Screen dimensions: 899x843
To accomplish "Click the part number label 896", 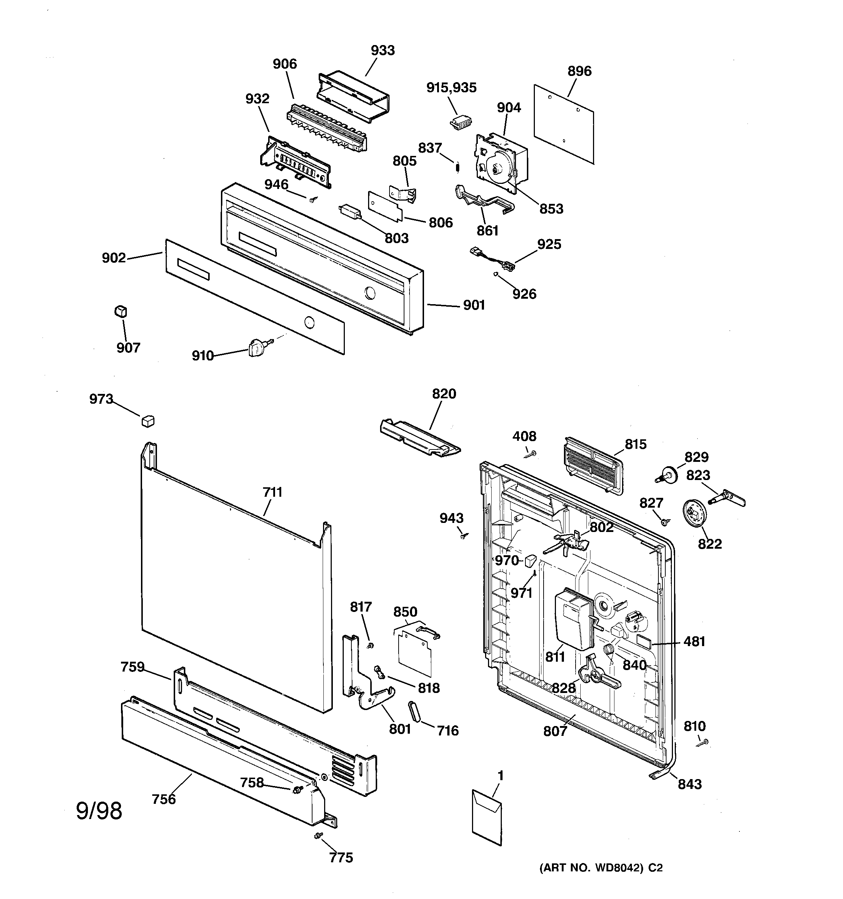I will (579, 71).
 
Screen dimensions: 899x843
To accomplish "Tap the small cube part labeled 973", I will (148, 421).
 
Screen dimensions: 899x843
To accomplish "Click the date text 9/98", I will (99, 811).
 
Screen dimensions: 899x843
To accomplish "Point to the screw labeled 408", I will (531, 453).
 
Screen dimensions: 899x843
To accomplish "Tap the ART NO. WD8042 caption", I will (601, 868).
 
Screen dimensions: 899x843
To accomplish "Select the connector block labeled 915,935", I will (460, 122).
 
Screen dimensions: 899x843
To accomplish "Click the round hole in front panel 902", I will (309, 322).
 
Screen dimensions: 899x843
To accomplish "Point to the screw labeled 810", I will (703, 742).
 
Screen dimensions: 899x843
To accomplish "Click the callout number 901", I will (473, 305).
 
